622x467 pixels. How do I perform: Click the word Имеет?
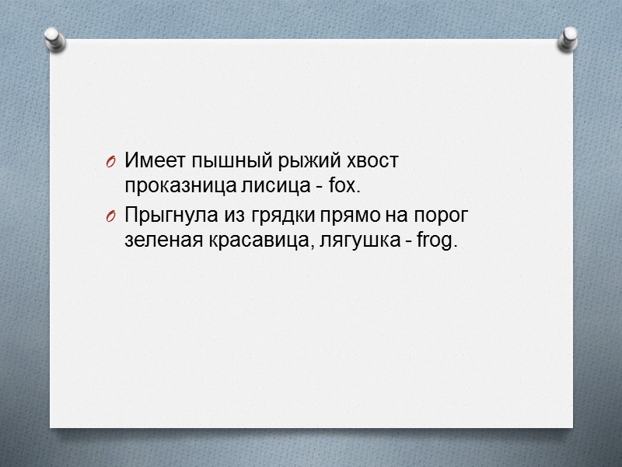148,161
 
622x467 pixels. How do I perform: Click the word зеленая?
155,241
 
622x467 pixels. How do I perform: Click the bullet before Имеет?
110,162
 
